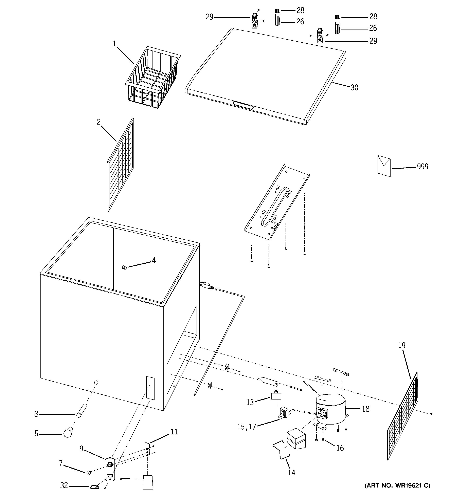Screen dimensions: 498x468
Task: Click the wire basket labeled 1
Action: tap(153, 78)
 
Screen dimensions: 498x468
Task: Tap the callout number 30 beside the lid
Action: tap(354, 88)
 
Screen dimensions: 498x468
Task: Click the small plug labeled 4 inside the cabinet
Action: tap(124, 267)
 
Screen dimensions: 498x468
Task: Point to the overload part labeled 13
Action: tap(276, 396)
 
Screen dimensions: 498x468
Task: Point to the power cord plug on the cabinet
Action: tap(206, 285)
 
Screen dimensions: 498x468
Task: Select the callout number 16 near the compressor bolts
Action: tap(340, 448)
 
